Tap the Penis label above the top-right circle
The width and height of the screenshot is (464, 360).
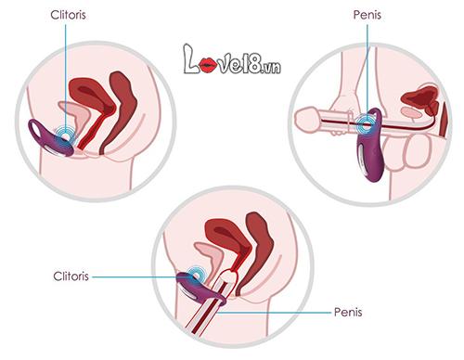[366, 15]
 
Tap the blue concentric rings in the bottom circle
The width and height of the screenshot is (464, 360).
[196, 277]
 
